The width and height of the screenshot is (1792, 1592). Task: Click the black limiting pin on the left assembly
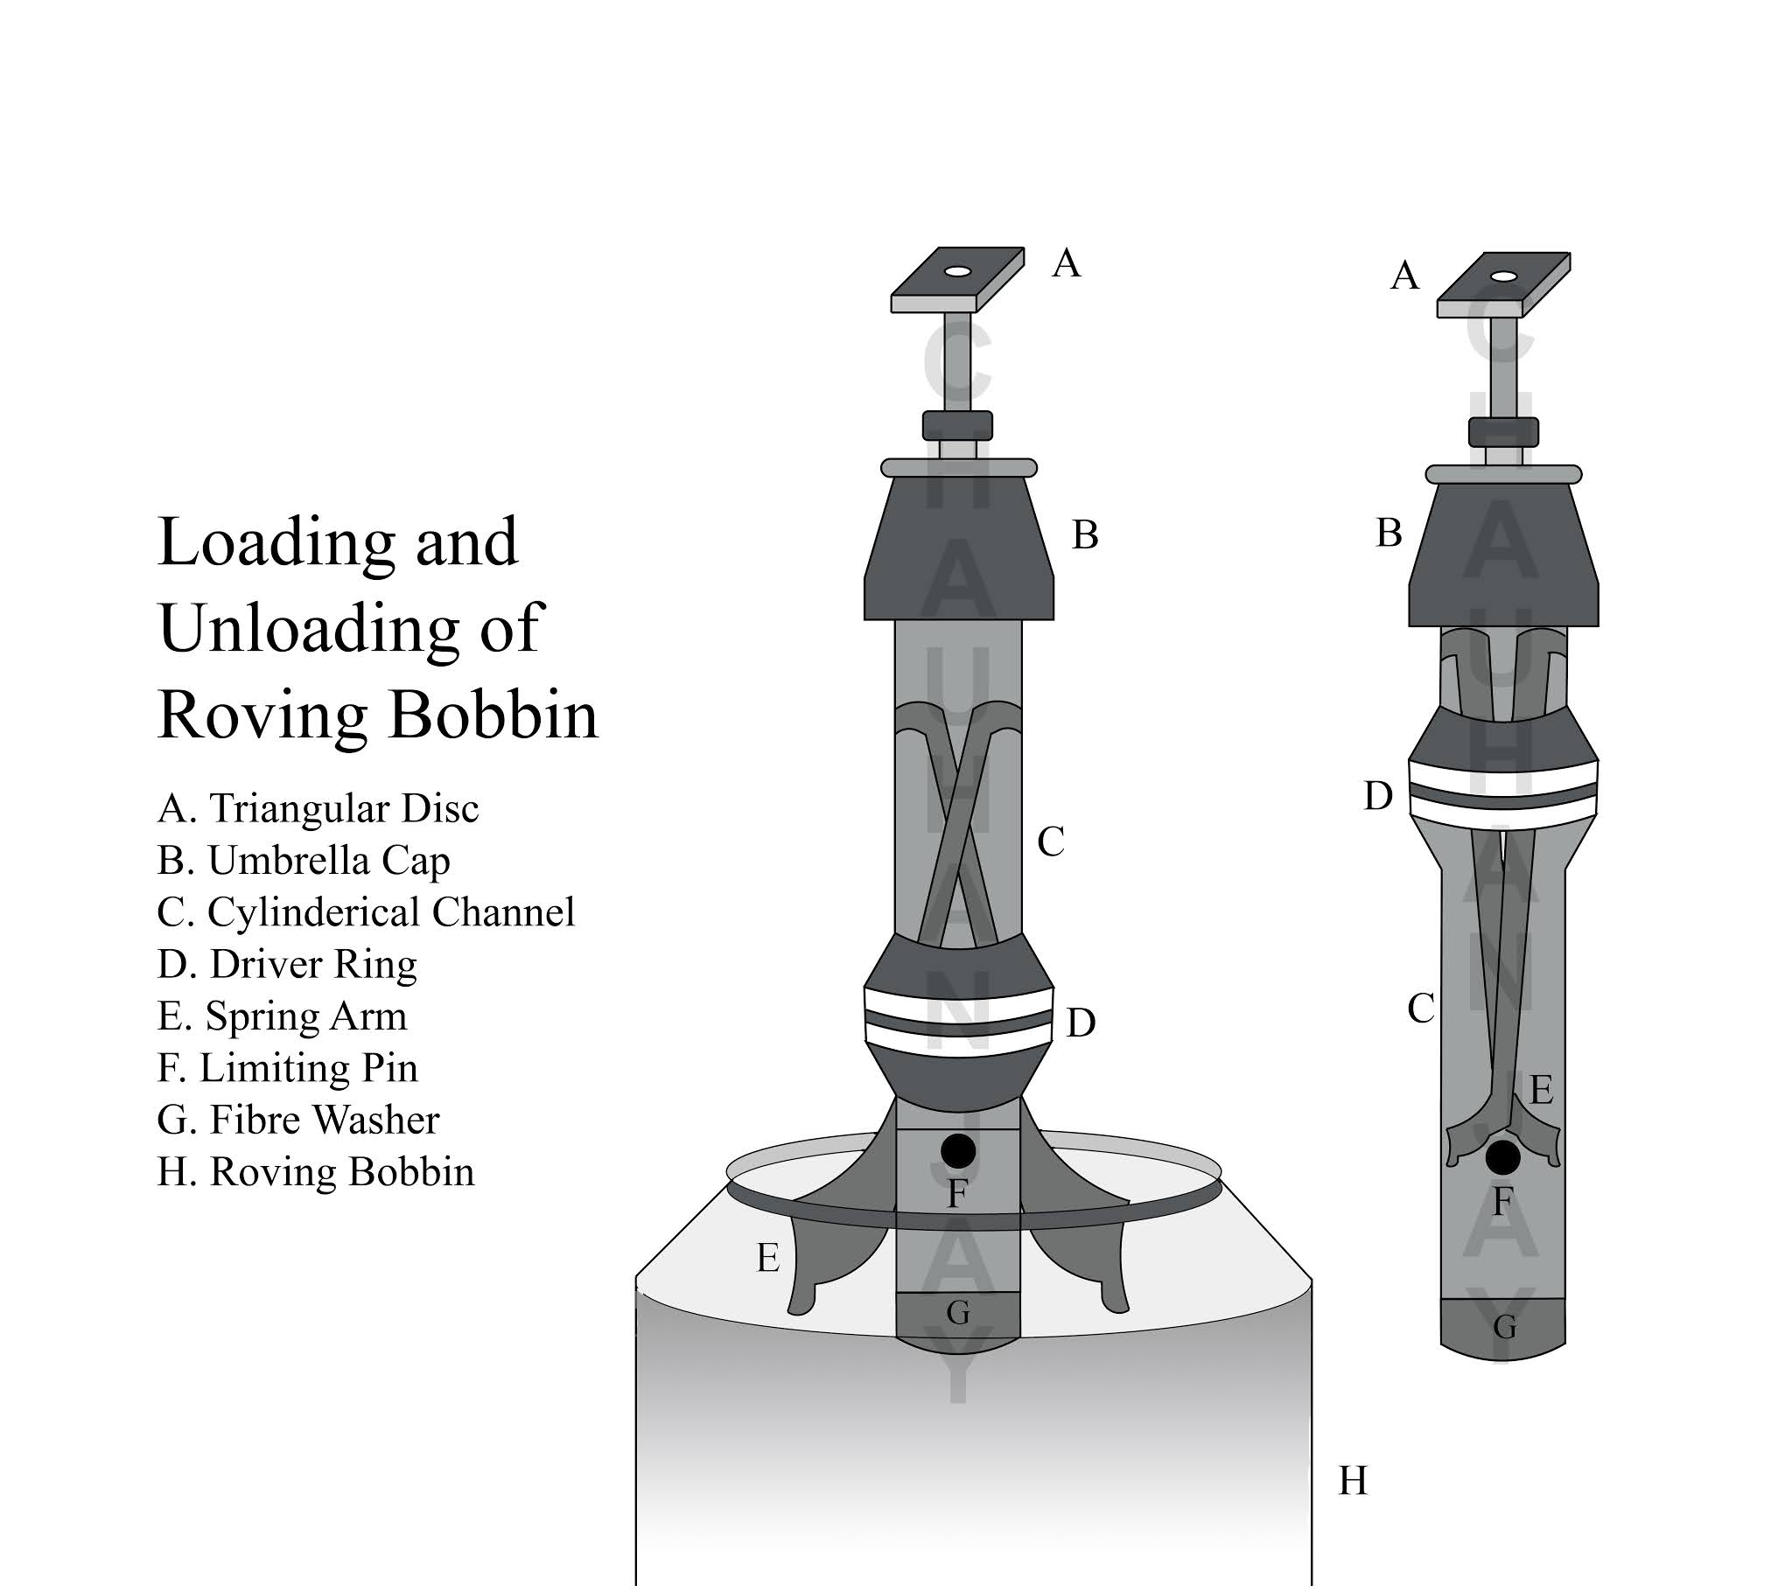[957, 1150]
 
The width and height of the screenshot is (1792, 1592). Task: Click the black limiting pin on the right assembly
[1502, 1157]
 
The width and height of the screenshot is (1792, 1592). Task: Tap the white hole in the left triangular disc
[957, 272]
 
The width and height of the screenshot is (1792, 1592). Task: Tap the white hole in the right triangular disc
[1503, 276]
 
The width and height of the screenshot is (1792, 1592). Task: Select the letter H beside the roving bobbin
[1353, 1481]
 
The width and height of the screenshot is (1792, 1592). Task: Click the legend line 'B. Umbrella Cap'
[304, 861]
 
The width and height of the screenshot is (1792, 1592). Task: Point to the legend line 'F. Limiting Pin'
[288, 1068]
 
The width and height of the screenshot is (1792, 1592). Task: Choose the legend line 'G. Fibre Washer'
[298, 1120]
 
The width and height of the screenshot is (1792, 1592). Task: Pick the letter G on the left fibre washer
[958, 1312]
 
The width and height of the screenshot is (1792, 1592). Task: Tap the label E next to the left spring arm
[768, 1259]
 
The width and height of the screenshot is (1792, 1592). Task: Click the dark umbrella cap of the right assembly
[1502, 561]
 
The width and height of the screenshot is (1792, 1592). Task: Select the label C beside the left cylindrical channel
[1050, 842]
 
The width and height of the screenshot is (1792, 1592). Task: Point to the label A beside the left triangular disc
[1066, 263]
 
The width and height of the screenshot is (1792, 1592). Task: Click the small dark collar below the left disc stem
[957, 425]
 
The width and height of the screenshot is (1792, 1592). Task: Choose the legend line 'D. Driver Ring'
[287, 964]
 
